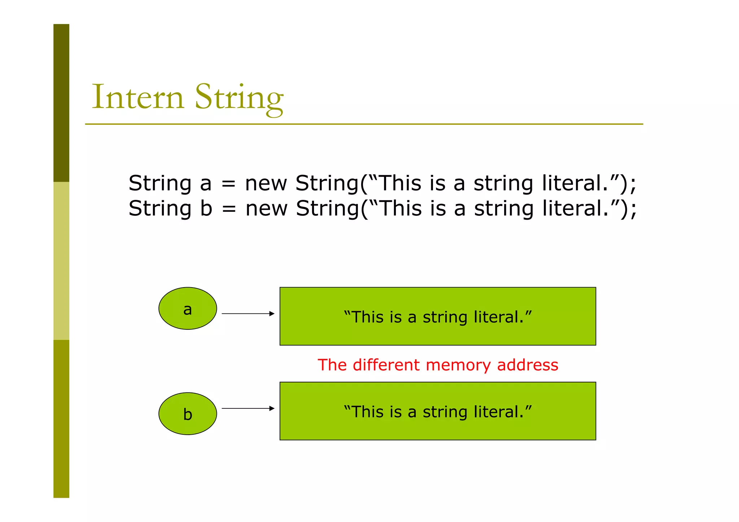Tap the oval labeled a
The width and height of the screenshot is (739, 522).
(188, 308)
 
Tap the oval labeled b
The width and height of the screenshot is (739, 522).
(188, 413)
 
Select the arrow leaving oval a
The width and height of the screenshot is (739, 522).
(248, 314)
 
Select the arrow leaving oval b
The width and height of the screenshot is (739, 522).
(248, 408)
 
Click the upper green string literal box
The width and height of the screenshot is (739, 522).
(438, 316)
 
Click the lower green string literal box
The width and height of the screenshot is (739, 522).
(438, 411)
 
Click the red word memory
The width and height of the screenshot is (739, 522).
(458, 365)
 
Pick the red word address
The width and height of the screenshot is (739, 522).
(528, 365)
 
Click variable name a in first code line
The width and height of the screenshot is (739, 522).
(206, 184)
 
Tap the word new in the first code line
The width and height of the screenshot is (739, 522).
(266, 184)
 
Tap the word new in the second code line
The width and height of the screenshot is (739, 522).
(266, 209)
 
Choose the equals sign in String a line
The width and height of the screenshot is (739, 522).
(228, 184)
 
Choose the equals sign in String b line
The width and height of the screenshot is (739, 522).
(229, 210)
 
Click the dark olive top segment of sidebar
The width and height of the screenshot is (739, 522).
(61, 103)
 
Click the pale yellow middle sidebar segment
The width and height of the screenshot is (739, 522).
(61, 260)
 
